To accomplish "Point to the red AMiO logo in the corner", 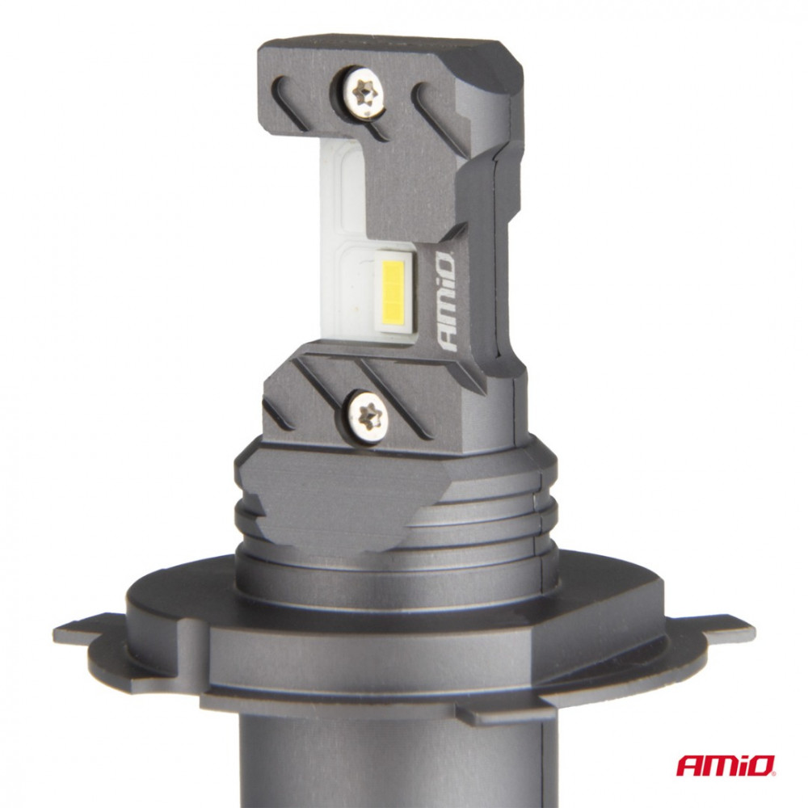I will coord(726,764).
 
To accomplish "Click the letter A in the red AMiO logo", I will coord(690,764).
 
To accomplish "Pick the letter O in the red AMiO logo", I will coord(764,764).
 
